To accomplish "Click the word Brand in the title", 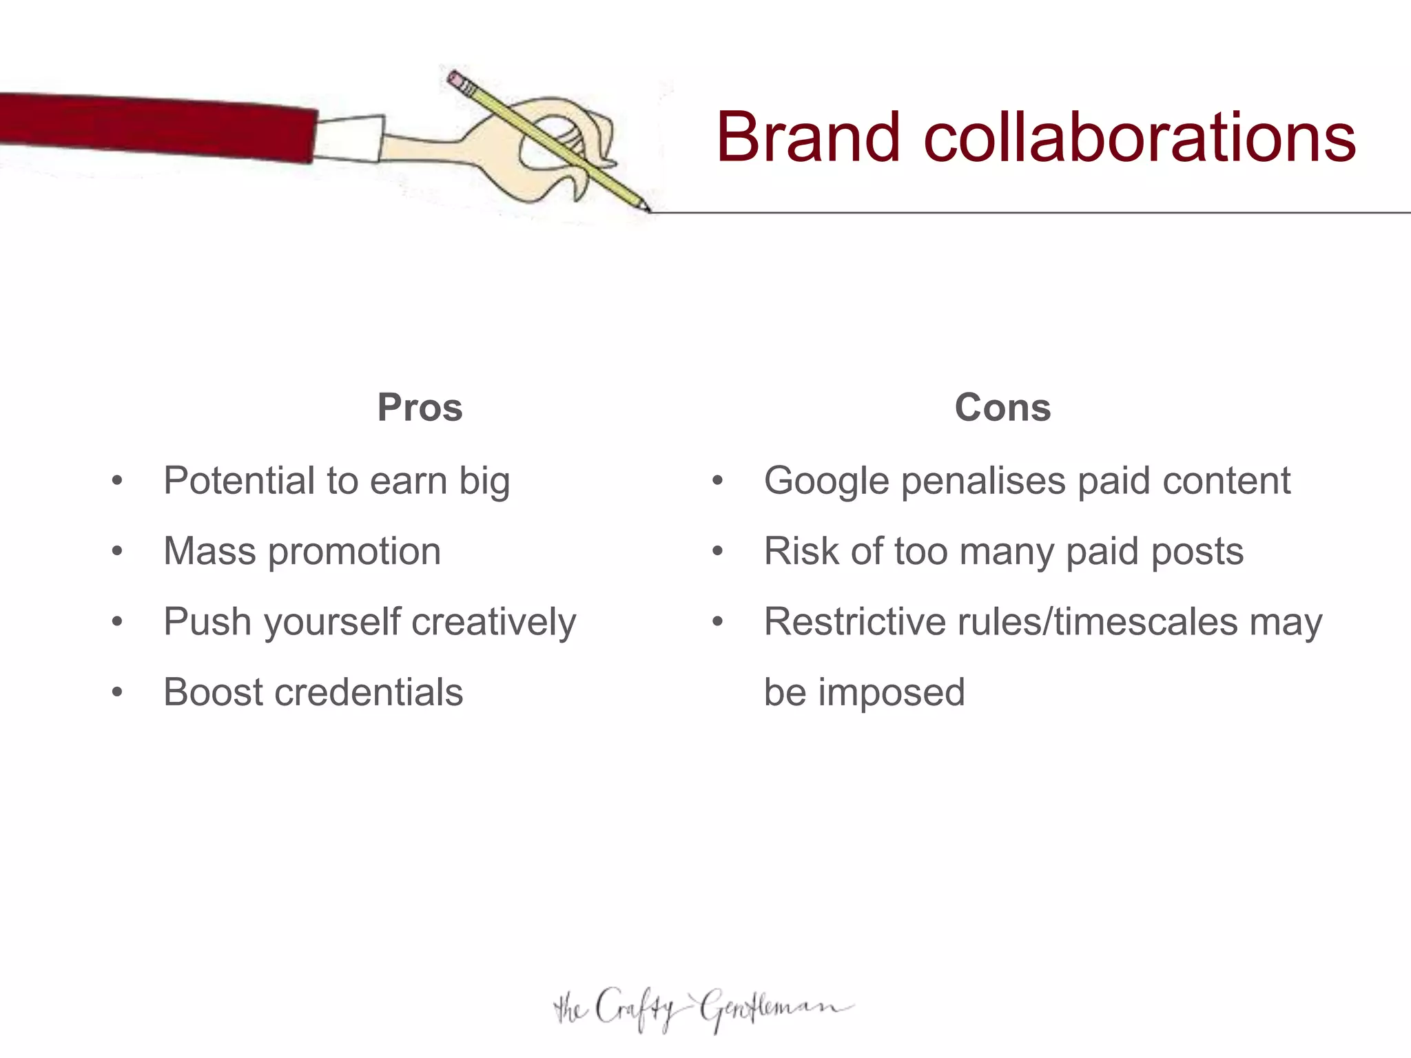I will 808,137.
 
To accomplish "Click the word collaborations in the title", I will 1140,137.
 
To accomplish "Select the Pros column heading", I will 420,407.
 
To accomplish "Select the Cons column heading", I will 1002,407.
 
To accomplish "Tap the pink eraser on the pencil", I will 455,79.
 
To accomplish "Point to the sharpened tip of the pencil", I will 646,208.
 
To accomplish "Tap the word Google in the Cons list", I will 826,481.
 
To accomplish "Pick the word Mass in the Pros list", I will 209,551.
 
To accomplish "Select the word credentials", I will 369,692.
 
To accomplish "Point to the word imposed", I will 892,692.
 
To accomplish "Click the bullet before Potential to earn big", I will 117,481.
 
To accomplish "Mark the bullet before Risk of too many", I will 718,551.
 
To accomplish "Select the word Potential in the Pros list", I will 238,481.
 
